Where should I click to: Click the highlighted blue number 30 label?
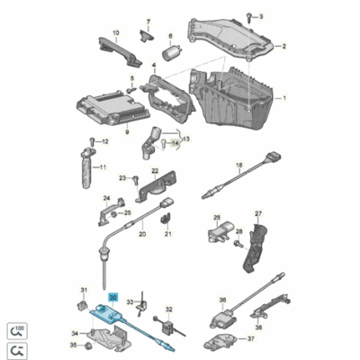point(112,295)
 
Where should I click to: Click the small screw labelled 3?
point(250,17)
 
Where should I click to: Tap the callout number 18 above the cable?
point(239,165)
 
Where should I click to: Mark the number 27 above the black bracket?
point(257,213)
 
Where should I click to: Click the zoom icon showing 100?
point(17,328)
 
